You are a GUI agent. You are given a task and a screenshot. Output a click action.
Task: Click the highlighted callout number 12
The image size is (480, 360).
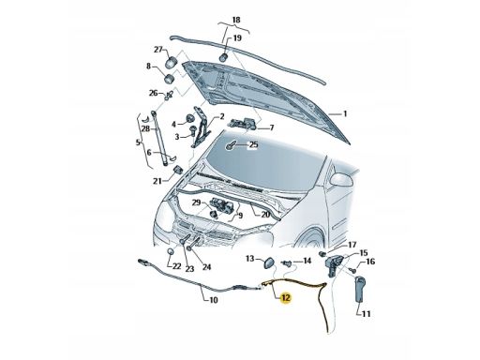pos(286,298)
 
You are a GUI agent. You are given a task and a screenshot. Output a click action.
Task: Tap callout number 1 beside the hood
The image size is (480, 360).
pos(345,113)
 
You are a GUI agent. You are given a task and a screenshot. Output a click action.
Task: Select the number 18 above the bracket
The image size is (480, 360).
pos(236,20)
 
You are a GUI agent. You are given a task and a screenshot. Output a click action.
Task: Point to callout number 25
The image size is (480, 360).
pos(253,145)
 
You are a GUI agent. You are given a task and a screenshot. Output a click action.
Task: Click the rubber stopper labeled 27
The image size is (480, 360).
pos(171,62)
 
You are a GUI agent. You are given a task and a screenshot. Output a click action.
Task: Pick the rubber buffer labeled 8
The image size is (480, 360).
pos(170,79)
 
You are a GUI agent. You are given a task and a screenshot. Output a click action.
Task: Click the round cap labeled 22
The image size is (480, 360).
pos(170,252)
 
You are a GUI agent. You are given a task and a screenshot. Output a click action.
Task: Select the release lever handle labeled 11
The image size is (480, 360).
pos(360,289)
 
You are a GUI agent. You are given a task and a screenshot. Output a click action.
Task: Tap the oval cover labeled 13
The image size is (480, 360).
pos(268,262)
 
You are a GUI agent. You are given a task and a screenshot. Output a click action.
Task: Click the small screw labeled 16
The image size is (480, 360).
pos(353,269)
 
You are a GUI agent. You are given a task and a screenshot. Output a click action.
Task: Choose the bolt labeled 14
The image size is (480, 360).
pos(286,263)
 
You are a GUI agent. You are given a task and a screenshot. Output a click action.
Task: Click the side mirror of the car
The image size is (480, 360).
pos(341,180)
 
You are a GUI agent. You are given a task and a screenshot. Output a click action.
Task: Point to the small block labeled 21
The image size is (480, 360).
pos(178,171)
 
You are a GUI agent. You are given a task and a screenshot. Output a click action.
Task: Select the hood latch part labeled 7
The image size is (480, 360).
pos(244,123)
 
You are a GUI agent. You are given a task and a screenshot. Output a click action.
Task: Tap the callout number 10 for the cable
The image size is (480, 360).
pos(213,300)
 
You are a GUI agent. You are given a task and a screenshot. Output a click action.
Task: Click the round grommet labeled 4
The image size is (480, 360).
pos(189,119)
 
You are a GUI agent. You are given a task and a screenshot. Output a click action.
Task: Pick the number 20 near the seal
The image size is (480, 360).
pos(265,215)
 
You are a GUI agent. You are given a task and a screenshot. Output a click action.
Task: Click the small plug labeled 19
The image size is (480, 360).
pos(223,58)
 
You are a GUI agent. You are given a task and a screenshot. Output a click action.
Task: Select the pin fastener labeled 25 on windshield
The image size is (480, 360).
pos(231,145)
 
